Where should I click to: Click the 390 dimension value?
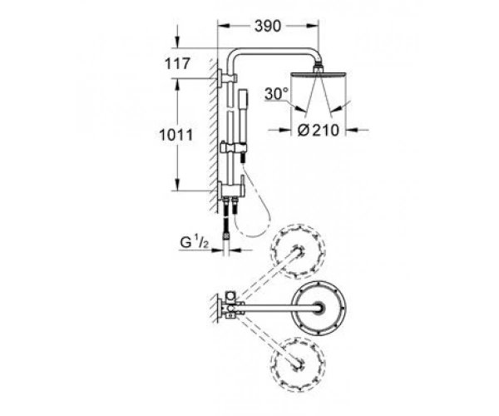pyautogui.click(x=268, y=27)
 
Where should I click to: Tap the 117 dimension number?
pyautogui.click(x=177, y=64)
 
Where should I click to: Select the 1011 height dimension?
pyautogui.click(x=176, y=135)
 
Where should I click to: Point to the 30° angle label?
pyautogui.click(x=276, y=94)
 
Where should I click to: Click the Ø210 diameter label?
pyautogui.click(x=319, y=130)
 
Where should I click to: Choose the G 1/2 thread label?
pyautogui.click(x=194, y=243)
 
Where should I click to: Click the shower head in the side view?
pyautogui.click(x=319, y=74)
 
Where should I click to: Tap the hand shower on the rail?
pyautogui.click(x=243, y=117)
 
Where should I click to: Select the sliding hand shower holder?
pyautogui.click(x=234, y=148)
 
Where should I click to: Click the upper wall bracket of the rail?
pyautogui.click(x=227, y=78)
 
